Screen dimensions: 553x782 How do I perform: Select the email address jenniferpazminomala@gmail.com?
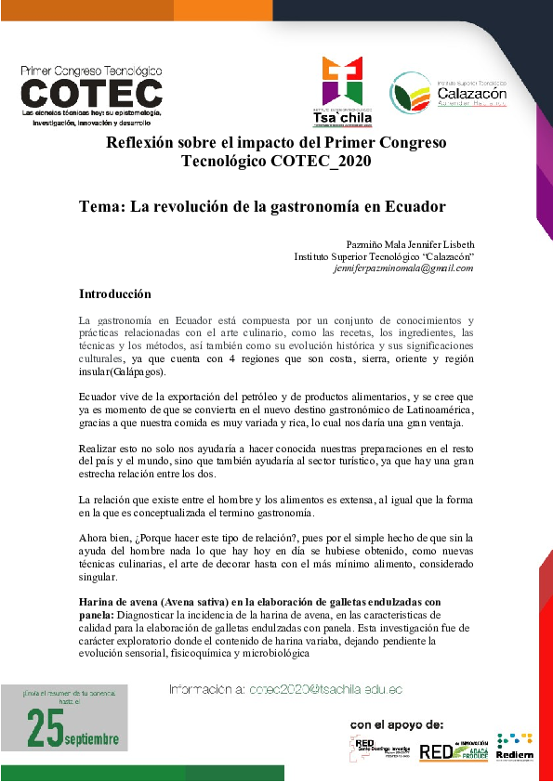point(403,267)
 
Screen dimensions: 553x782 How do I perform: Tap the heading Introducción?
point(114,294)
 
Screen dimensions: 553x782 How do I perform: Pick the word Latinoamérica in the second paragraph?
point(436,411)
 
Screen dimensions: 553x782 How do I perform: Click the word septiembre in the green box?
point(92,739)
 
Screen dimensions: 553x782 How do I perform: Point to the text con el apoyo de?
point(397,723)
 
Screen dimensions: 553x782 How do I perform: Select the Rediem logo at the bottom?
point(514,748)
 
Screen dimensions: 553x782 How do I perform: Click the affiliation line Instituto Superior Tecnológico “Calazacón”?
point(384,255)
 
